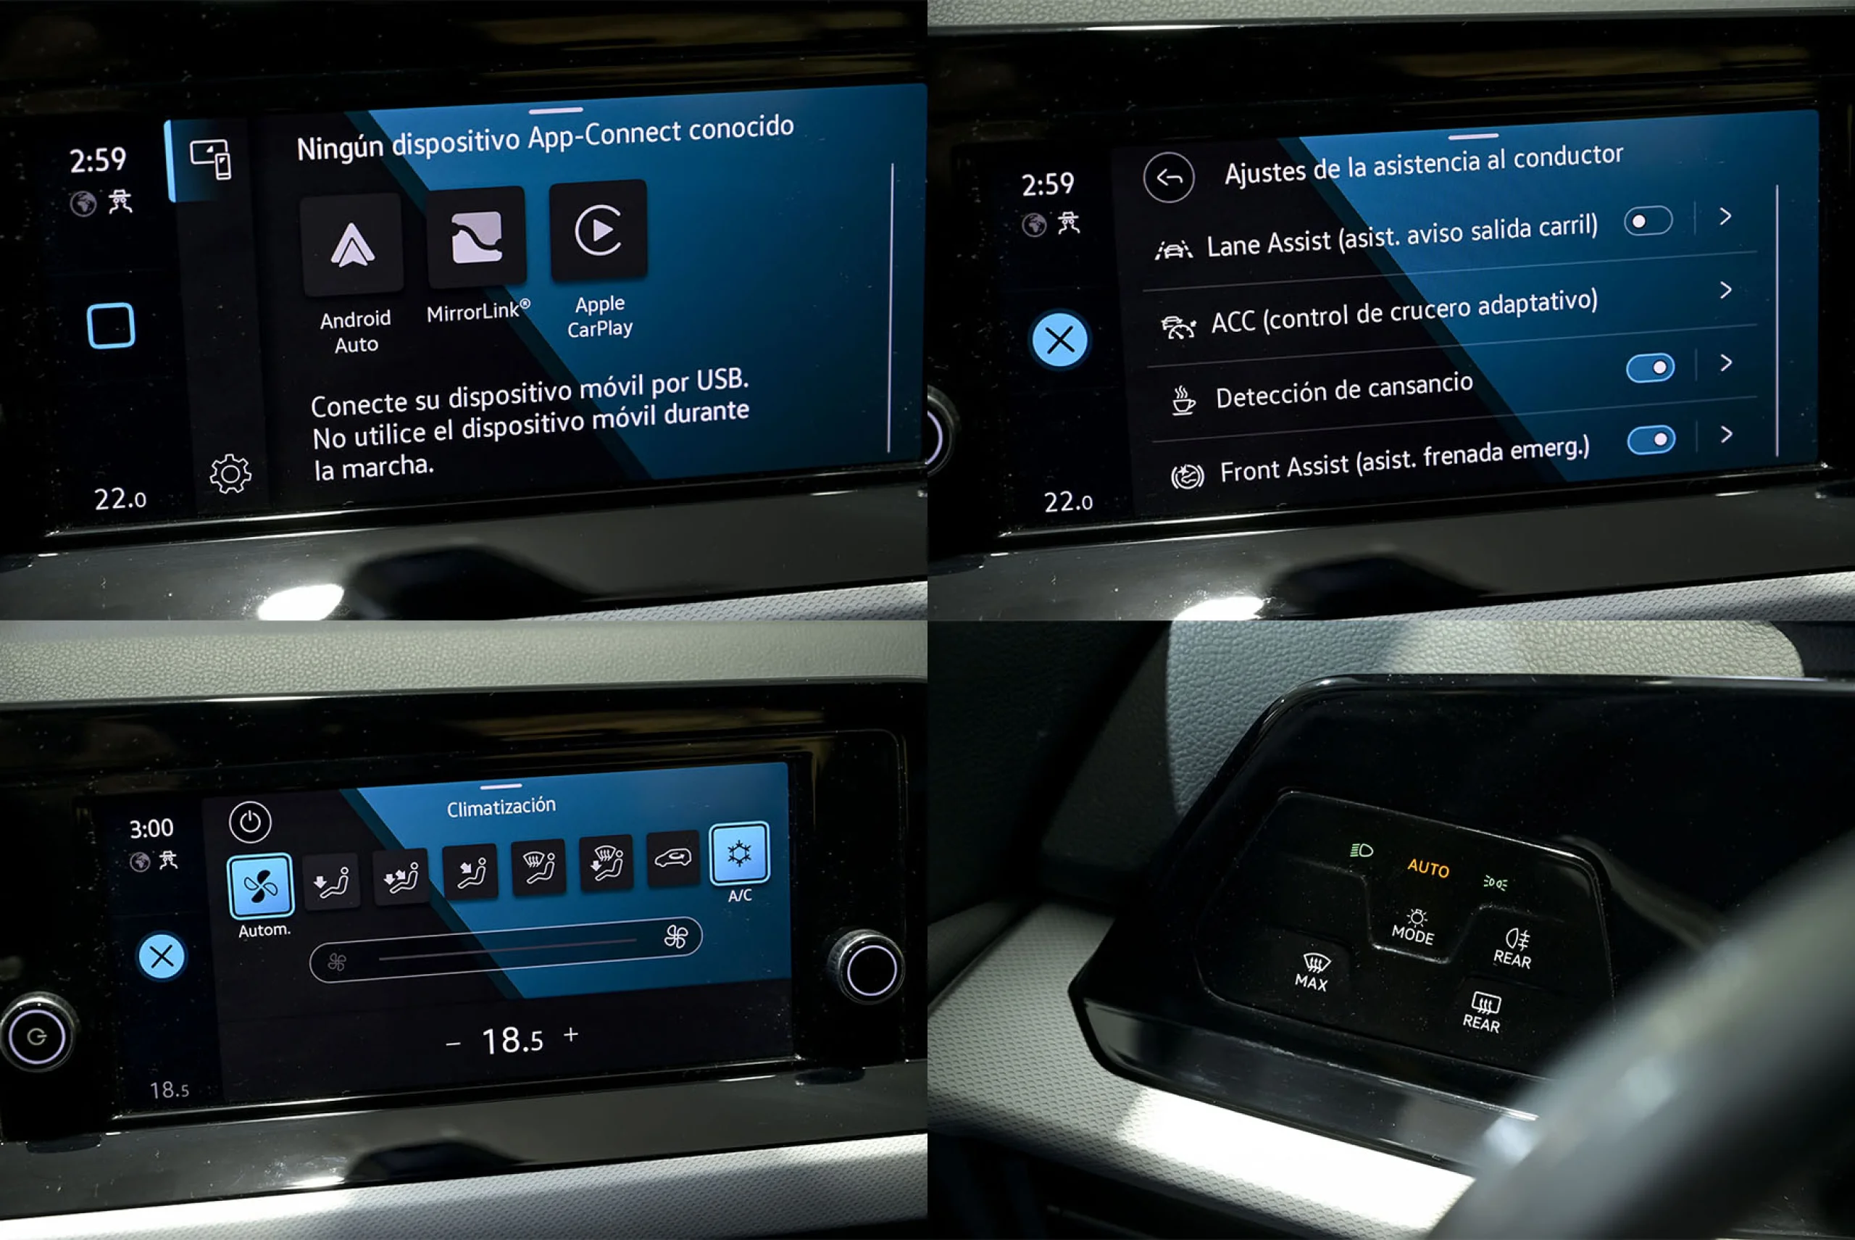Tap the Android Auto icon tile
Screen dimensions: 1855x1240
(x=352, y=244)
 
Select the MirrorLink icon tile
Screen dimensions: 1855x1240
(x=477, y=237)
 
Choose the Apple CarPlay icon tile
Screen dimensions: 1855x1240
(x=599, y=230)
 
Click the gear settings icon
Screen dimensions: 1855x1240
(x=230, y=474)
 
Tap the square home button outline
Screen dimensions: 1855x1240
(x=111, y=326)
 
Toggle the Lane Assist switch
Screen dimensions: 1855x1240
(x=1648, y=220)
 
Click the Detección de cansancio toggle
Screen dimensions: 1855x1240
(x=1650, y=367)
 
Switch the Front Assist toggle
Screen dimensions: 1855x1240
(x=1651, y=440)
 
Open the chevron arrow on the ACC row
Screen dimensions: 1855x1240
(x=1726, y=290)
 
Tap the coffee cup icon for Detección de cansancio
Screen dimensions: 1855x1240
(x=1182, y=400)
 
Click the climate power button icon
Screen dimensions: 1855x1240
(x=250, y=823)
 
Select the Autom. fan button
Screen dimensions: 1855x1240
(x=260, y=886)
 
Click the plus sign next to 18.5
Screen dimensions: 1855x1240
(x=571, y=1034)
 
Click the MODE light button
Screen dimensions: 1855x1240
(x=1413, y=927)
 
